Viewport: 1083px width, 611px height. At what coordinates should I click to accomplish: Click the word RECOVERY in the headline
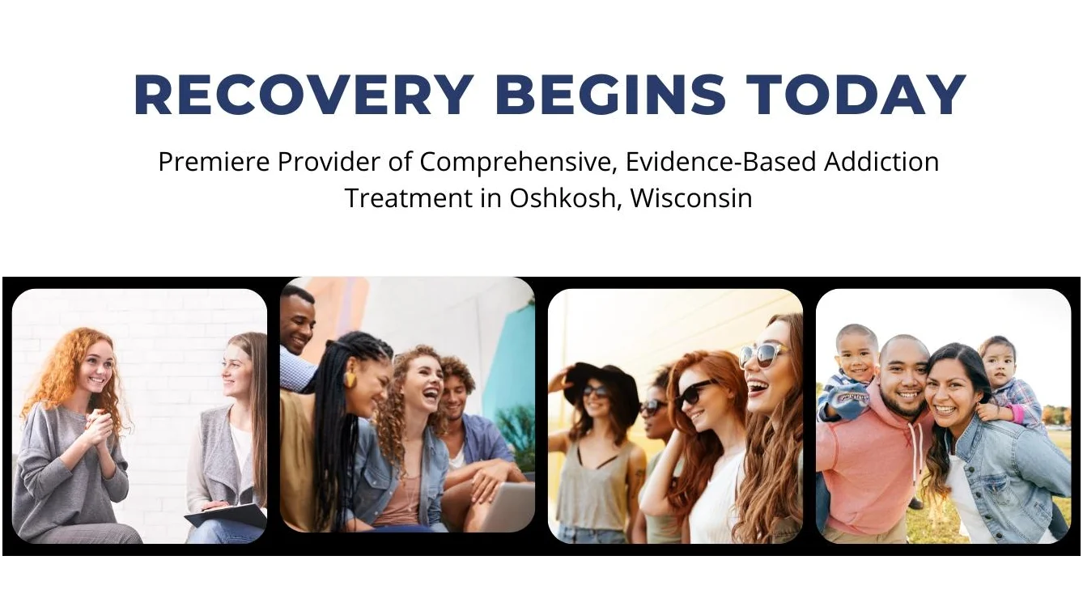(304, 95)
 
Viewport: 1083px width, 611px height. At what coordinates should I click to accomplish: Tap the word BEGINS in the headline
(610, 95)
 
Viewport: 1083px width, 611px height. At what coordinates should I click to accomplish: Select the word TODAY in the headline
(856, 95)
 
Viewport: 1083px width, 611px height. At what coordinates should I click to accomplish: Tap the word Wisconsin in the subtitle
(691, 197)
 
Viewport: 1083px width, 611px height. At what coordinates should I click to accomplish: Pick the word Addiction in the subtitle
(881, 162)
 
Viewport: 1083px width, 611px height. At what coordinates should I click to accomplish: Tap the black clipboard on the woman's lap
(227, 516)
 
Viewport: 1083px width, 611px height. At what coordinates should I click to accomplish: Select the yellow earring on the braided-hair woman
(349, 380)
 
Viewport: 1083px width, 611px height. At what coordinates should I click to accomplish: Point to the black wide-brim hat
(601, 382)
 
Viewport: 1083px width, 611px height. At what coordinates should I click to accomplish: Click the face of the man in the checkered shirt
(296, 320)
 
